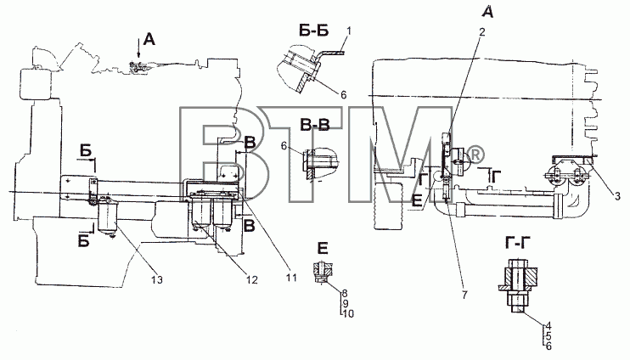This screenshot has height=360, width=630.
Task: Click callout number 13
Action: click(x=157, y=279)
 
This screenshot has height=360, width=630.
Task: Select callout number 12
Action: click(x=251, y=279)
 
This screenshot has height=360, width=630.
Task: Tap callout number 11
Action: click(x=291, y=278)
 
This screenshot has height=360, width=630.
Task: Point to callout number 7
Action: click(x=464, y=295)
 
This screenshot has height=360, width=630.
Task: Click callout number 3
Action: click(x=617, y=196)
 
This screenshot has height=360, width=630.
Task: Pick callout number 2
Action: click(x=481, y=31)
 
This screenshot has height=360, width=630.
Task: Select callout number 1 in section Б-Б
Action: click(x=349, y=31)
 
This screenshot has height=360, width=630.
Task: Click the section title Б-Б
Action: click(x=314, y=30)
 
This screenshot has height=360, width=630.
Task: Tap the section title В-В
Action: click(x=315, y=126)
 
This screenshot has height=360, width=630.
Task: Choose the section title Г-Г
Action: click(x=517, y=244)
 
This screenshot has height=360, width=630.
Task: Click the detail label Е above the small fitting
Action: click(x=323, y=249)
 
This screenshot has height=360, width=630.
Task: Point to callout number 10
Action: click(x=349, y=313)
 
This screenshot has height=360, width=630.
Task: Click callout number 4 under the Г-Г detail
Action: click(x=548, y=326)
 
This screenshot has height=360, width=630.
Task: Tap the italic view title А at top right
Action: click(x=487, y=12)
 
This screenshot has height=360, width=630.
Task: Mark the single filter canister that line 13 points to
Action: click(x=107, y=217)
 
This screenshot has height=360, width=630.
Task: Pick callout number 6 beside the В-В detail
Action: click(x=284, y=146)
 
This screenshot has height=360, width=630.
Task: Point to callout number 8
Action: click(x=345, y=293)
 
